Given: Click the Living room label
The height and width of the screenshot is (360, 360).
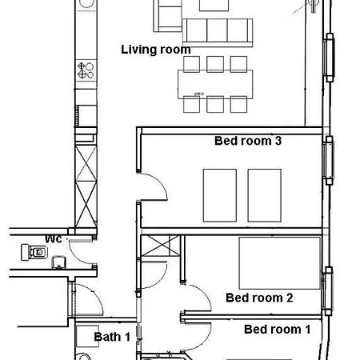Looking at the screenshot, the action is [156, 50].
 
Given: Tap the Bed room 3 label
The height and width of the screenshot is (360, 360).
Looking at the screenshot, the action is [248, 141].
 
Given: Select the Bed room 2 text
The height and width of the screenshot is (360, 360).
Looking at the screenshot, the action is [259, 298].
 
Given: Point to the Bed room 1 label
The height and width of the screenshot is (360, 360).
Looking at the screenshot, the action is [278, 330].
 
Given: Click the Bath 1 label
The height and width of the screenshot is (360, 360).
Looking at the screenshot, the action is [112, 337].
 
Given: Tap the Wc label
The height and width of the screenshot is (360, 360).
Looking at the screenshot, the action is [54, 238].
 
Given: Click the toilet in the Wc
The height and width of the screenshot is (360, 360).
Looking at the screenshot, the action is [34, 252].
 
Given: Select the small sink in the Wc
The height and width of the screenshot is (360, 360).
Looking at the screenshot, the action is [58, 262].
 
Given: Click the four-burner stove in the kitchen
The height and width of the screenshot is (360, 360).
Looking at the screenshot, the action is [86, 70].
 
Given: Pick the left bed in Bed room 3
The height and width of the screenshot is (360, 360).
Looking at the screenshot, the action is [220, 195].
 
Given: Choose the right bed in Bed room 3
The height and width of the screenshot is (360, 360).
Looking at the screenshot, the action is [265, 195].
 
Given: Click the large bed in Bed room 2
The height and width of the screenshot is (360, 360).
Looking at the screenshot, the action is [279, 263].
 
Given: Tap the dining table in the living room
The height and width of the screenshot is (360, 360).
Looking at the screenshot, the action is [215, 84].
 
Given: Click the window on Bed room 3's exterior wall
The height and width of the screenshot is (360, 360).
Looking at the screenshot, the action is [329, 160].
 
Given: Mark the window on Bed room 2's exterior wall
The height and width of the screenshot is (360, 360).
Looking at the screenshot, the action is [328, 291].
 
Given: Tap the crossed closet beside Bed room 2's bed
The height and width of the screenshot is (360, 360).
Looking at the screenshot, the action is [160, 246].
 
